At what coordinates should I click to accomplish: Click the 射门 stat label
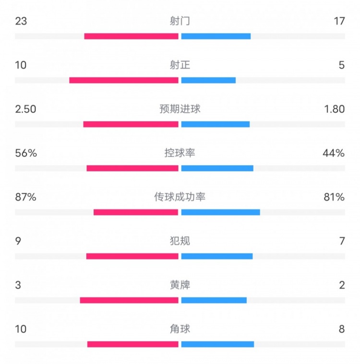click(180, 21)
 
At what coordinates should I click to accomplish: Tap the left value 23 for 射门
click(21, 21)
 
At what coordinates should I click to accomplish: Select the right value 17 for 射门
click(339, 21)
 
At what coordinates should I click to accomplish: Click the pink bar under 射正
click(124, 80)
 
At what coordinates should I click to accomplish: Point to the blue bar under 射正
click(208, 80)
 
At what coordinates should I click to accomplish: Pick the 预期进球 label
click(180, 109)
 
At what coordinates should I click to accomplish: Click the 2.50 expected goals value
click(25, 109)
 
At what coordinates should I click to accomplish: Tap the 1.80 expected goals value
click(335, 109)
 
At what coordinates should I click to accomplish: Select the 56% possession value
click(26, 153)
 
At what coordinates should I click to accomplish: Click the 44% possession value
click(334, 153)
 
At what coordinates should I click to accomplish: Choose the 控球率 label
click(180, 153)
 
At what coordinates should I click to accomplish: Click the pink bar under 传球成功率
click(136, 212)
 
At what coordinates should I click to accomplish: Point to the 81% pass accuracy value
click(334, 197)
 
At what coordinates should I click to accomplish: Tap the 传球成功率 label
click(180, 197)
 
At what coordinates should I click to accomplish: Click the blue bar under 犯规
click(217, 256)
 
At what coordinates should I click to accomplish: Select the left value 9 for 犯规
click(18, 241)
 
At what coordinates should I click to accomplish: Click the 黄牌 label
click(180, 285)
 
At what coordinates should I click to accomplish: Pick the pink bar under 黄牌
click(129, 300)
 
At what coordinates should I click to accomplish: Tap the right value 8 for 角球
click(342, 329)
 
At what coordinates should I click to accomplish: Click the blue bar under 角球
click(217, 344)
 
